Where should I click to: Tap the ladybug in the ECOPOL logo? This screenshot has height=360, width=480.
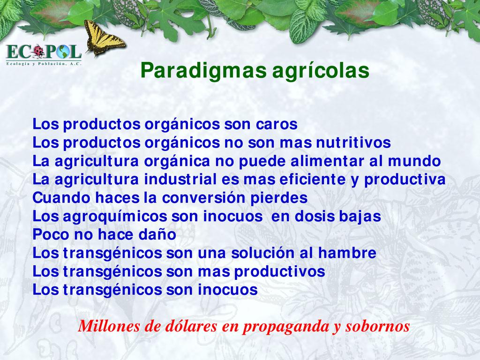tap(38, 51)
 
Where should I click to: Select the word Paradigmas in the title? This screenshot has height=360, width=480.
tap(203, 71)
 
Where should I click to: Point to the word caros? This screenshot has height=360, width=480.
tap(277, 125)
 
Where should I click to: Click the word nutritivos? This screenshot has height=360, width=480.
tap(353, 142)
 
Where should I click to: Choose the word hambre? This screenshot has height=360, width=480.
tap(347, 253)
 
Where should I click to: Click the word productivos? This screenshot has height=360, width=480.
tap(279, 272)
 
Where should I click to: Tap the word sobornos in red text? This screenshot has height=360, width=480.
tap(378, 326)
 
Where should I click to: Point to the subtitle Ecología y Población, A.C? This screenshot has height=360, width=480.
tap(44, 64)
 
